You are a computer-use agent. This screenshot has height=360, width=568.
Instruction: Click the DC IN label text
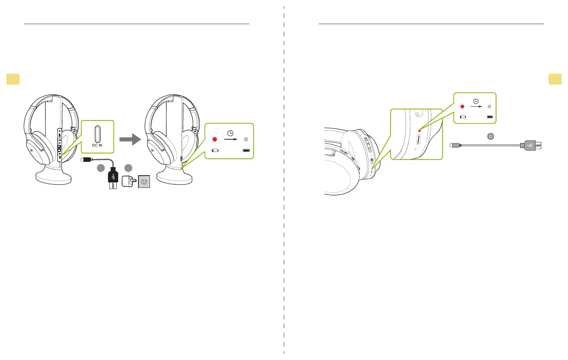[x=97, y=145]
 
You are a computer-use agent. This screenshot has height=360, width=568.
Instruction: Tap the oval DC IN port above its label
[x=98, y=134]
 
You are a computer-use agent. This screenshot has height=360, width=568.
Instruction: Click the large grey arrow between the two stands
[x=130, y=139]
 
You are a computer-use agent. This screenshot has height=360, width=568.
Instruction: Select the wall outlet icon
[x=144, y=182]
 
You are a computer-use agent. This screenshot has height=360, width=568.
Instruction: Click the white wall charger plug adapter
[x=128, y=181]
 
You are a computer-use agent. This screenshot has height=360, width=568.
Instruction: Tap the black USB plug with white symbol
[x=113, y=177]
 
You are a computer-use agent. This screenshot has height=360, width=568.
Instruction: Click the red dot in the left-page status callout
[x=215, y=139]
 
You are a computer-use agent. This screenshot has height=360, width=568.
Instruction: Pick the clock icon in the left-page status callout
[x=230, y=133]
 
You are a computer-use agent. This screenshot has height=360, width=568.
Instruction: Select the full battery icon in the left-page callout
[x=246, y=150]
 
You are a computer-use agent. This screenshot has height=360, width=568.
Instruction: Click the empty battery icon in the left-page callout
[x=215, y=150]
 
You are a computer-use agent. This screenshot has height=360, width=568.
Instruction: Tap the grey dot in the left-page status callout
[x=246, y=139]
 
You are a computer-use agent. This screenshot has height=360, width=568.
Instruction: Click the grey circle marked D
[x=490, y=136]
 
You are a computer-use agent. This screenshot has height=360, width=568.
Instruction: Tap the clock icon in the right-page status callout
[x=476, y=101]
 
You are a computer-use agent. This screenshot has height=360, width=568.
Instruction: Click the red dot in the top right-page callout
[x=462, y=106]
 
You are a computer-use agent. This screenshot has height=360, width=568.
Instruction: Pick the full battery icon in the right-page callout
[x=490, y=117]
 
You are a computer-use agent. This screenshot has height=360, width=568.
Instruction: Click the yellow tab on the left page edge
[x=13, y=79]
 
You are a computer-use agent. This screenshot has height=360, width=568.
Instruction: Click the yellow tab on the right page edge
[x=555, y=79]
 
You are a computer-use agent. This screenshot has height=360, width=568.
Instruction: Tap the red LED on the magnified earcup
[x=420, y=131]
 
